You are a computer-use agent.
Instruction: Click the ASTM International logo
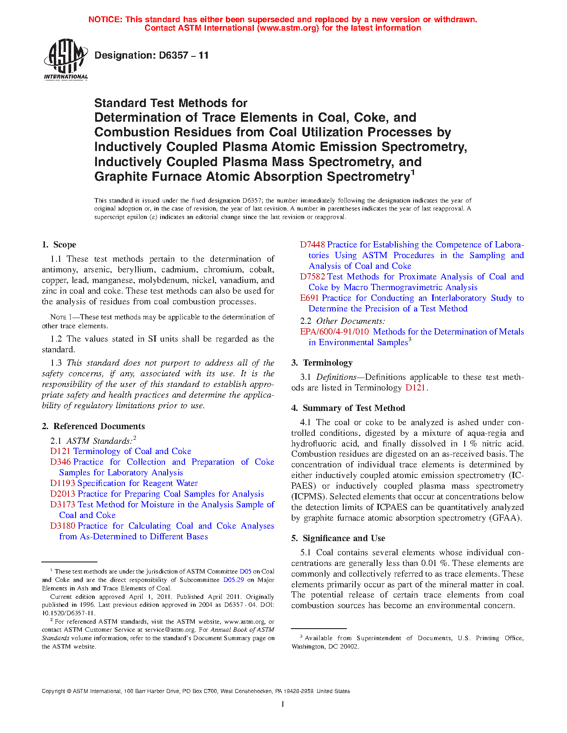66,59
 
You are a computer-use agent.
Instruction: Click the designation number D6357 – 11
152,56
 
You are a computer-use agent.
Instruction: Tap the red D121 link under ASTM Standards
60,451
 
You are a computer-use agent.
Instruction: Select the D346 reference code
60,462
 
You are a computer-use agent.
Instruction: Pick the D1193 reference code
63,483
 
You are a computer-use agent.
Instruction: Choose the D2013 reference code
63,494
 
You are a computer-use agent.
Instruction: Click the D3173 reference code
63,505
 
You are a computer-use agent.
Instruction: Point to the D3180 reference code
63,526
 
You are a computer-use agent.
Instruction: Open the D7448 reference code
312,245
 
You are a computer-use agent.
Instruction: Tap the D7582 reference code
312,277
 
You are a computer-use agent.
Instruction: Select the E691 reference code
310,298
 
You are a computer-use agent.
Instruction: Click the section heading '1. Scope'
59,245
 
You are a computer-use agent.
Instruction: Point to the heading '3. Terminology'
322,363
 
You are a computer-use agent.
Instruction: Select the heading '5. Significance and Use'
338,538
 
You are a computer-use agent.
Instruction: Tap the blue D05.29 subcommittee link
233,580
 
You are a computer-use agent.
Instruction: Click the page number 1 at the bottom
283,704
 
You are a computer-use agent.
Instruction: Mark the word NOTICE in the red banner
105,20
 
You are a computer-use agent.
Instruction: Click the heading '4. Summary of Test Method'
348,408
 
